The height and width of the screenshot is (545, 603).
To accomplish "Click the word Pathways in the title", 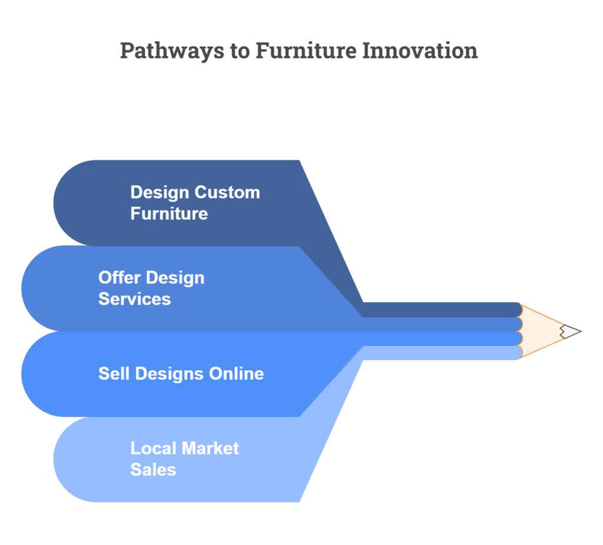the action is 172,51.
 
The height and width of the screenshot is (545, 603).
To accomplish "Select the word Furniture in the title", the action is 306,51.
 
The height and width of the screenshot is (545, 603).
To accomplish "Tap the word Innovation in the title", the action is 420,51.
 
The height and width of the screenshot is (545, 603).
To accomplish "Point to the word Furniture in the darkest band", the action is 169,214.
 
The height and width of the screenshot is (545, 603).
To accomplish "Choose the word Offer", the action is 119,278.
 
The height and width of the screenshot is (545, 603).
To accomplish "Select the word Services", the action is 135,299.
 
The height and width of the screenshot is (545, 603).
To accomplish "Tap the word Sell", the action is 114,374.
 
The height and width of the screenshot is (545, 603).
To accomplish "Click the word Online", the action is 237,374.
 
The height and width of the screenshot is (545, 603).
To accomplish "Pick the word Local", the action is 154,448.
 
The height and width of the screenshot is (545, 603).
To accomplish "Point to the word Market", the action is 210,448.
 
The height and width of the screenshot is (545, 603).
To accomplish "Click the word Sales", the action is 154,470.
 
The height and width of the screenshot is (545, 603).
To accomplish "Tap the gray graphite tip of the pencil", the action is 571,331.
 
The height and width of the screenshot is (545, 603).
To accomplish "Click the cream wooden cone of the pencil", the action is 538,331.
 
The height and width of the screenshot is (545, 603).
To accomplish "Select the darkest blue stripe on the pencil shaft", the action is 442,310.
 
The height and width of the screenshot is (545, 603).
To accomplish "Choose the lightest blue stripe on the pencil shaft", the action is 442,352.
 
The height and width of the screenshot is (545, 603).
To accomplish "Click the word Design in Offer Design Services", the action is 175,278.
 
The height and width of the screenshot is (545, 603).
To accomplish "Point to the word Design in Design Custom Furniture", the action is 159,193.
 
